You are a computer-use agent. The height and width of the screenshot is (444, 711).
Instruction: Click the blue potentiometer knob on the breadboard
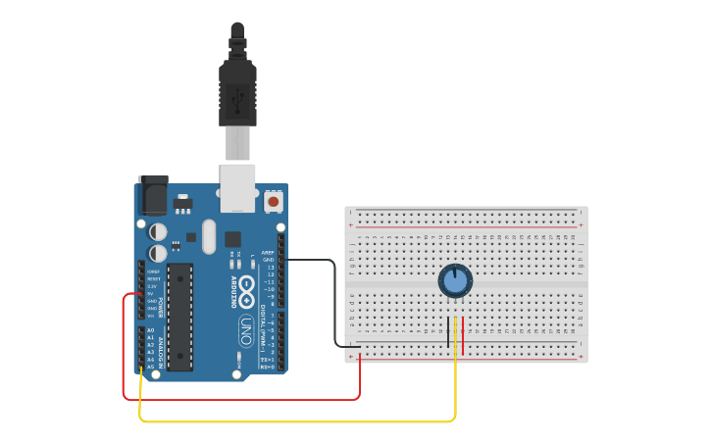click(x=455, y=281)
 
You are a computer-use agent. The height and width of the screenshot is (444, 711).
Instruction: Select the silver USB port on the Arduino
click(x=237, y=187)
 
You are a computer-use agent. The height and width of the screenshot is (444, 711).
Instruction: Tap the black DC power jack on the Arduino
click(x=153, y=196)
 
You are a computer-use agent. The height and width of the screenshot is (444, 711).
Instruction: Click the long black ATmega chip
click(x=179, y=316)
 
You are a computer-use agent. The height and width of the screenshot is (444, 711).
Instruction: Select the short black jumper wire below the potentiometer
click(x=449, y=331)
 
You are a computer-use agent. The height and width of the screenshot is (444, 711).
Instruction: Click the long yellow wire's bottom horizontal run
click(x=294, y=421)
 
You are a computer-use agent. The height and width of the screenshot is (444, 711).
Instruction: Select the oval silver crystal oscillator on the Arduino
click(x=208, y=236)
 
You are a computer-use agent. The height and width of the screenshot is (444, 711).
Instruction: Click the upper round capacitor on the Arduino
click(x=157, y=231)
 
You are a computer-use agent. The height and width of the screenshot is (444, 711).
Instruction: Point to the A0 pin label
click(x=150, y=330)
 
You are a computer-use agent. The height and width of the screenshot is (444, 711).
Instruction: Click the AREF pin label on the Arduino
click(x=268, y=252)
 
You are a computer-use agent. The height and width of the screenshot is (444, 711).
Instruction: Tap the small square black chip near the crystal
click(x=232, y=238)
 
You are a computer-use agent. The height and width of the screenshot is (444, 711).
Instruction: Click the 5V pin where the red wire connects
click(x=141, y=293)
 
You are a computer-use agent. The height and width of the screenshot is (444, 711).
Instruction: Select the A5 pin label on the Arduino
click(x=150, y=367)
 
